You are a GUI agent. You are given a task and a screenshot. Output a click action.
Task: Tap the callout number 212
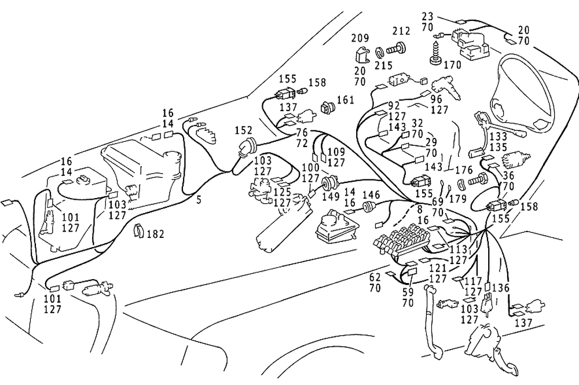coord(401,31)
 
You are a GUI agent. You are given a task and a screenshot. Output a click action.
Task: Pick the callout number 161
coord(345,100)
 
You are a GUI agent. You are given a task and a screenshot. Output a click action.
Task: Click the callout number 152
coord(243,131)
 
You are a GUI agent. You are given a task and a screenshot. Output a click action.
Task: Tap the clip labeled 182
coord(139,230)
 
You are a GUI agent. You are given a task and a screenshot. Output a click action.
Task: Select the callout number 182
coord(155,234)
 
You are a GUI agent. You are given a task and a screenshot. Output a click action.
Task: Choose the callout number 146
coord(371,195)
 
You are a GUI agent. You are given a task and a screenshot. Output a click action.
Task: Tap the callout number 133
coord(498,137)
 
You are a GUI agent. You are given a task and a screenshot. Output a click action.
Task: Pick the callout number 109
coord(336,152)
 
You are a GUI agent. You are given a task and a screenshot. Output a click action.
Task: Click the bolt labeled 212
coord(396,49)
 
